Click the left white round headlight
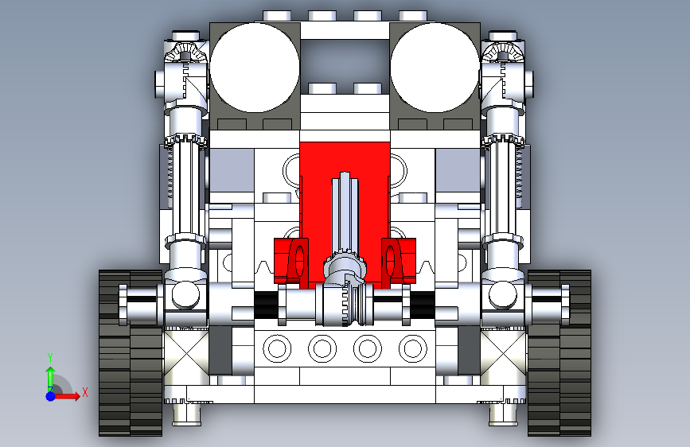255,68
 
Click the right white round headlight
435,68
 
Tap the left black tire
131,353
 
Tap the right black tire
559,353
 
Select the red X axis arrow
66,396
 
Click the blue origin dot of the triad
51,396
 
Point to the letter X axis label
85,392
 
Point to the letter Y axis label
50,358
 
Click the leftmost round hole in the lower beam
277,348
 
